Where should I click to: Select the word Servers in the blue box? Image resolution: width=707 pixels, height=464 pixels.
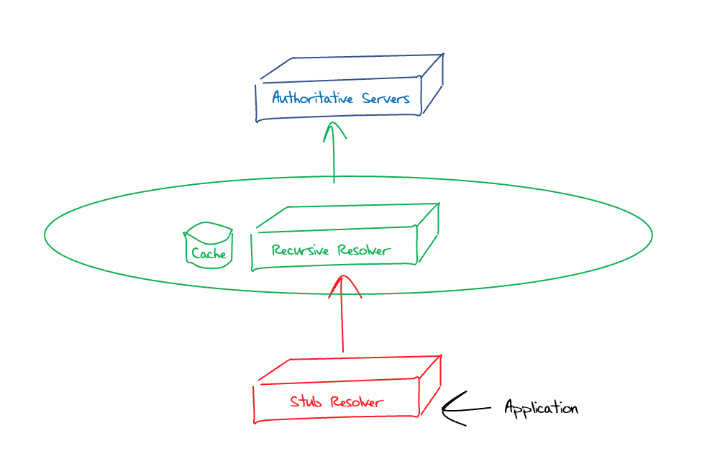pyautogui.click(x=386, y=99)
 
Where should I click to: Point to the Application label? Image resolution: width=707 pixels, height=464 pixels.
pyautogui.click(x=540, y=408)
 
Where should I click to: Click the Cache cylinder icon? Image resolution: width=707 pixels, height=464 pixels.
pyautogui.click(x=209, y=246)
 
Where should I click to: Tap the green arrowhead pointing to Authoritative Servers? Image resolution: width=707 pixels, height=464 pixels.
pyautogui.click(x=334, y=131)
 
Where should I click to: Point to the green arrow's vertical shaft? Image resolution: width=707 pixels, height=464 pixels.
pyautogui.click(x=334, y=162)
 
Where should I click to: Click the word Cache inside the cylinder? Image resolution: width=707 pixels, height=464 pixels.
pyautogui.click(x=209, y=254)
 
